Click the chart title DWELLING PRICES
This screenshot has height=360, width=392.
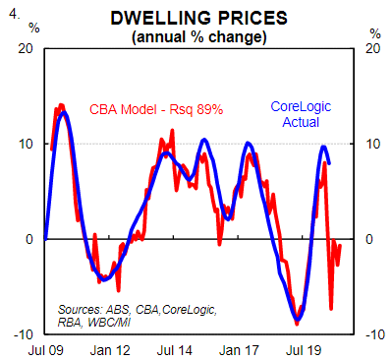coord(199,18)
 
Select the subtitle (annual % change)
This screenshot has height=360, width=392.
coord(199,36)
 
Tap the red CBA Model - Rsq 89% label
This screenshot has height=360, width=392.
coord(156,109)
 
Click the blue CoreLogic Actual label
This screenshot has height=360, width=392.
coord(301,114)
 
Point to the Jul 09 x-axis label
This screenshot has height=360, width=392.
coord(46,350)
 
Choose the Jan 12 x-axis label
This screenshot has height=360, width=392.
coord(110,350)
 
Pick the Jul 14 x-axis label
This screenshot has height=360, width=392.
coord(175,350)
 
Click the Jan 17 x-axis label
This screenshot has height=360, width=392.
coord(239,350)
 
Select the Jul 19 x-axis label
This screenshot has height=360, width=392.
coord(304,350)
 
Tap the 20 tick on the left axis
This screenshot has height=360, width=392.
coord(26,48)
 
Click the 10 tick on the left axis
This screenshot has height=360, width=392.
coord(27,144)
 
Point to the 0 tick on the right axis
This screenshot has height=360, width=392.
coord(369,239)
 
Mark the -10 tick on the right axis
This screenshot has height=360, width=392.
coord(375,334)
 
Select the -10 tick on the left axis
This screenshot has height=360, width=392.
coord(24,334)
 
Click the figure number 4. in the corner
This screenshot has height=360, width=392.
coord(15,15)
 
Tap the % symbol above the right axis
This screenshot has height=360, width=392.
coord(375,33)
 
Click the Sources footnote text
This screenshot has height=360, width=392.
coord(137,316)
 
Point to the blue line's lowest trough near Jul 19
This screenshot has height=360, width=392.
coord(298,319)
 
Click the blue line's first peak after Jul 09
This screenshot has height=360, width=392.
coord(64,113)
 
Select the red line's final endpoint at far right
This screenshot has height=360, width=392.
coord(340,246)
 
